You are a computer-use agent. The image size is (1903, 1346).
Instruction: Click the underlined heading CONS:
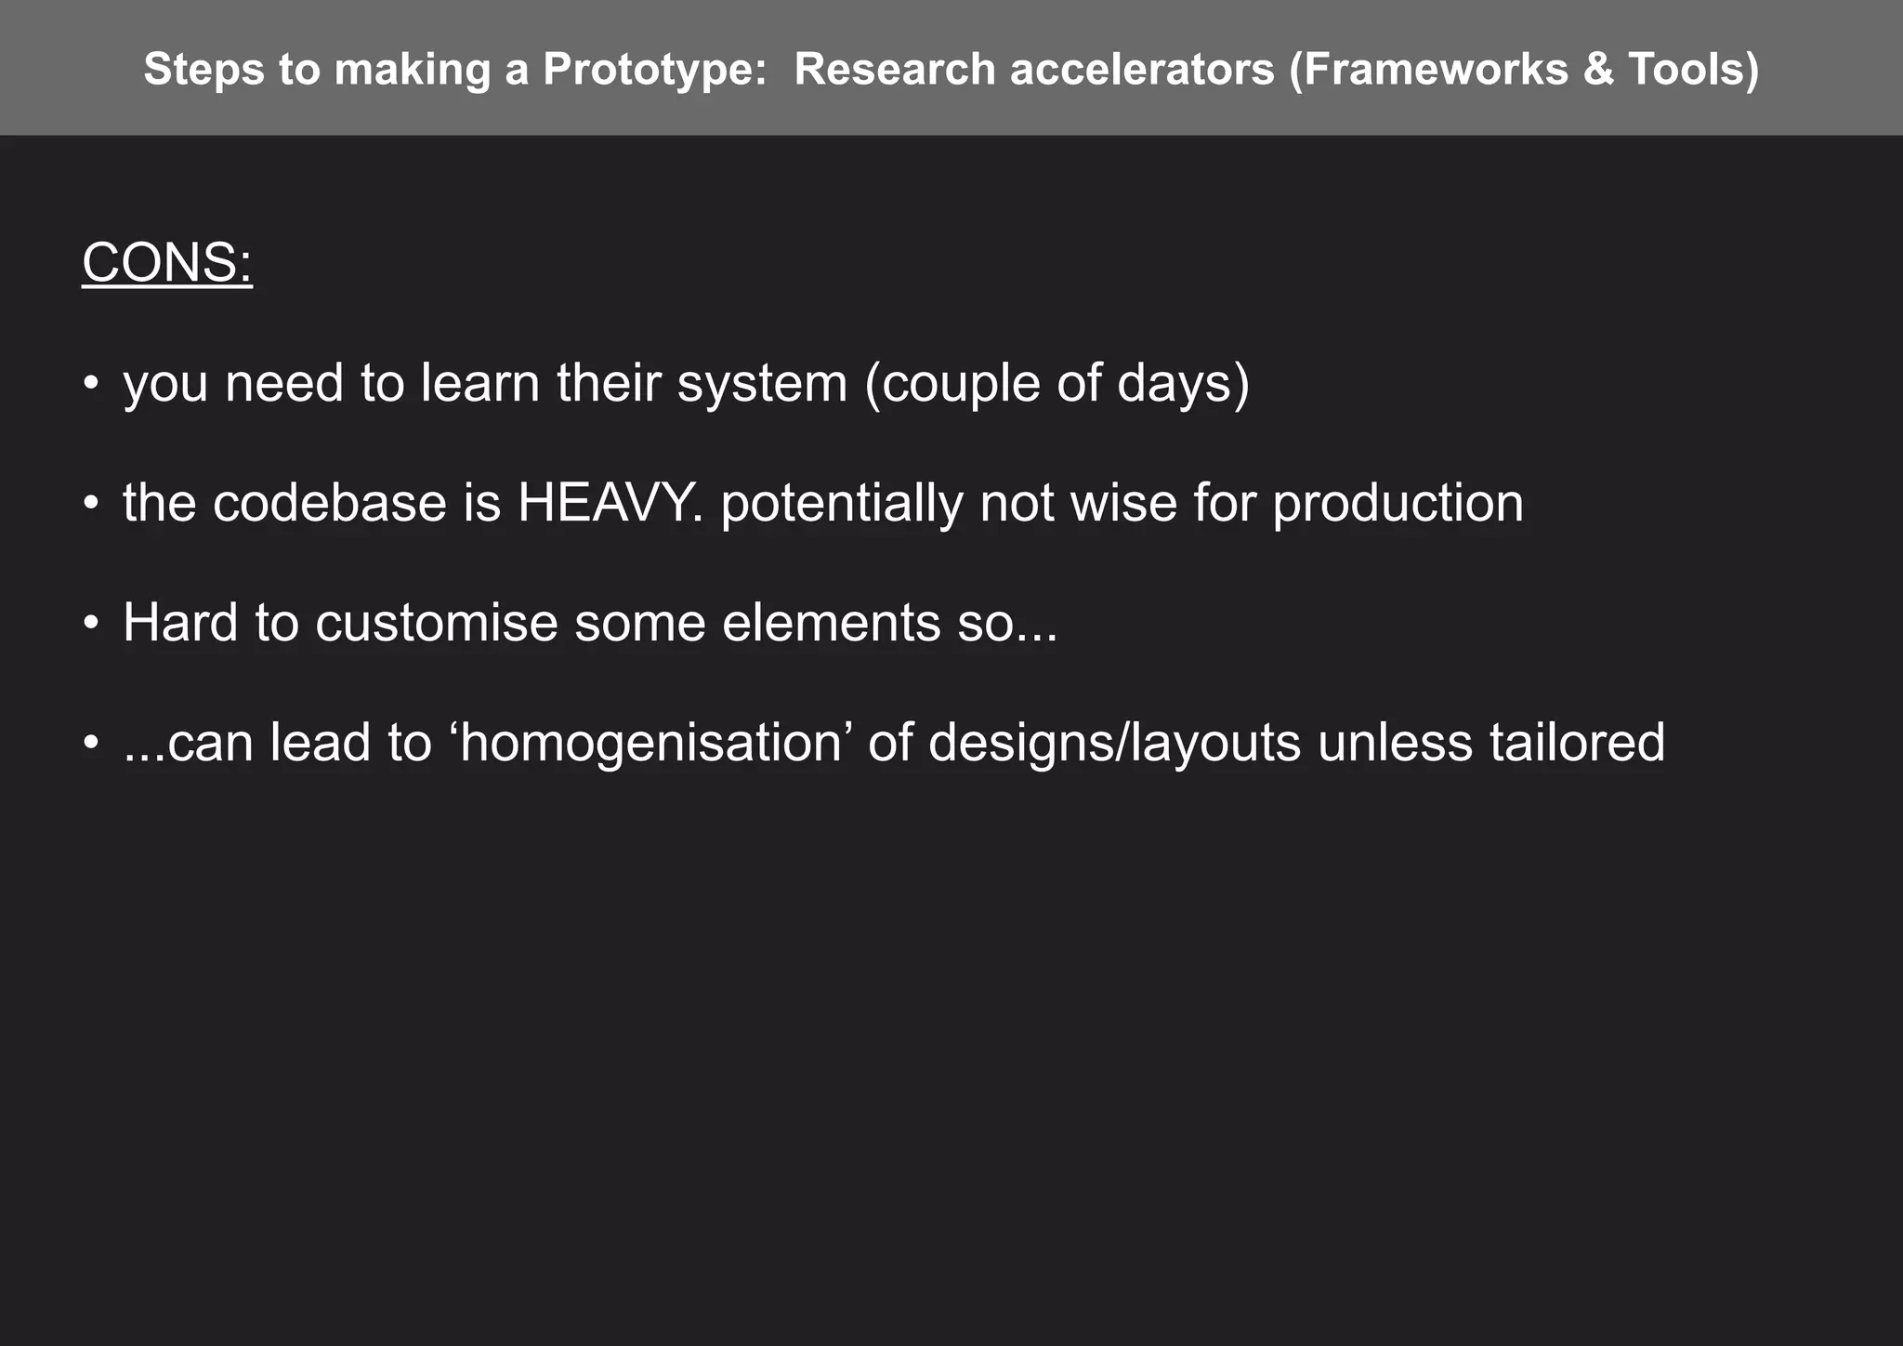click(x=167, y=263)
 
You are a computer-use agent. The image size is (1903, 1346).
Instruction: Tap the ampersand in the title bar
click(x=1598, y=70)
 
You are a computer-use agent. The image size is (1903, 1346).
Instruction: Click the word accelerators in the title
click(x=1142, y=70)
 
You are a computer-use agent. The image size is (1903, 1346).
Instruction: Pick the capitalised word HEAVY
click(x=610, y=503)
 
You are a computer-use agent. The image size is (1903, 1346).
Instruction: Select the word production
click(x=1398, y=503)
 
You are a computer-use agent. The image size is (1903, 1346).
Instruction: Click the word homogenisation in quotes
click(x=651, y=743)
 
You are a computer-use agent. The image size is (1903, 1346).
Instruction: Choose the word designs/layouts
click(x=1114, y=743)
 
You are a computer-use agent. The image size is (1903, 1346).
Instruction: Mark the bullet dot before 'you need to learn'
click(x=90, y=383)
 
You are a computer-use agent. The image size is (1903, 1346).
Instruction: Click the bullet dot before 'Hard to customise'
click(x=90, y=622)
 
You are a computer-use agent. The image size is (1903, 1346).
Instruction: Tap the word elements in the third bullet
click(x=831, y=622)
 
